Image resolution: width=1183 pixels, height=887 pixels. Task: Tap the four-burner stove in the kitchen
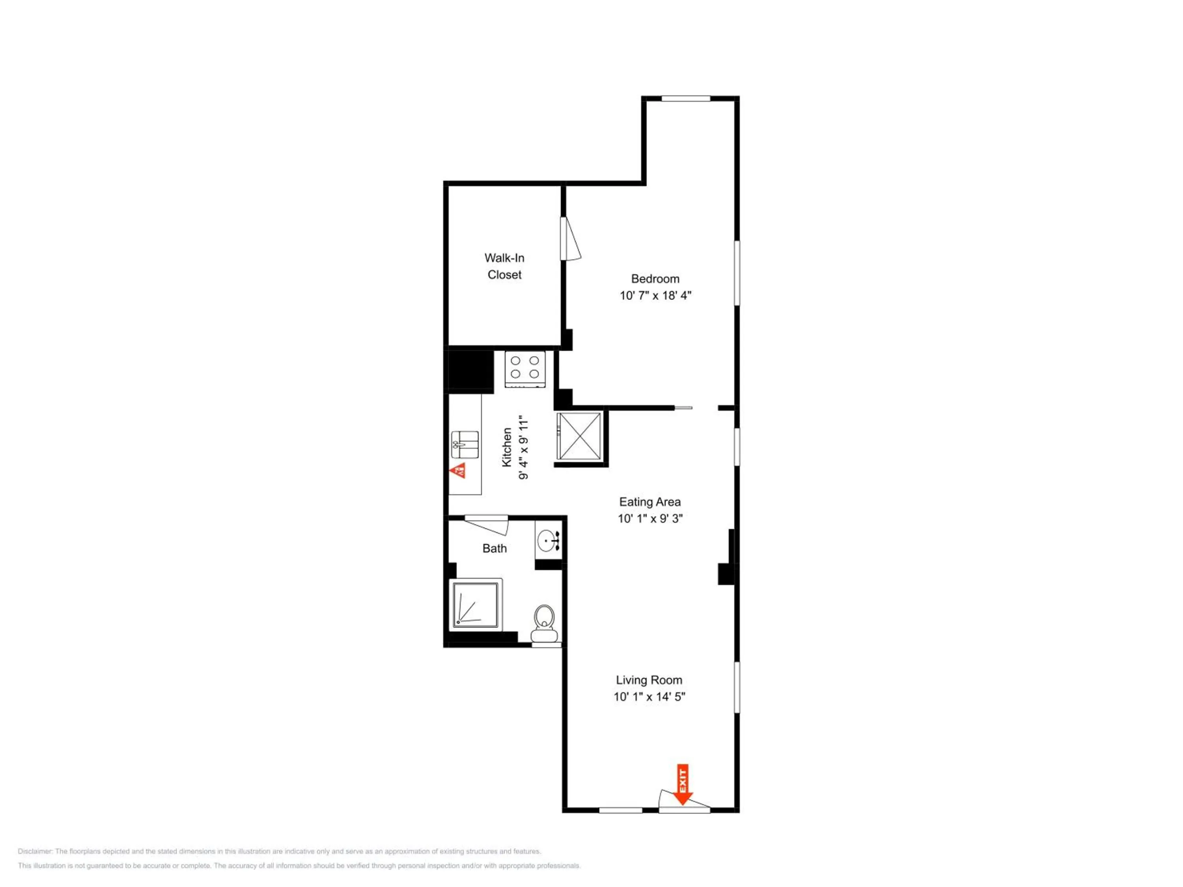[524, 369]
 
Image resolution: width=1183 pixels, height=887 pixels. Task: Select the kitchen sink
[465, 445]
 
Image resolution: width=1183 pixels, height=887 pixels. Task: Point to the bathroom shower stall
[476, 604]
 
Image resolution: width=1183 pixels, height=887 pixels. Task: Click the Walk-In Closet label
[504, 266]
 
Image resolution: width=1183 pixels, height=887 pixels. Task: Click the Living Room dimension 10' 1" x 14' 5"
[649, 696]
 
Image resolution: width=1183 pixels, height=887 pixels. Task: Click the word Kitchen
[506, 447]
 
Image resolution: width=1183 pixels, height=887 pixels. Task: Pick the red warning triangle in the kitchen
[458, 471]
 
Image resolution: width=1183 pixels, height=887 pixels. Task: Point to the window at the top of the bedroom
[686, 99]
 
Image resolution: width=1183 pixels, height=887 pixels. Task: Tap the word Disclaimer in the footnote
[35, 851]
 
